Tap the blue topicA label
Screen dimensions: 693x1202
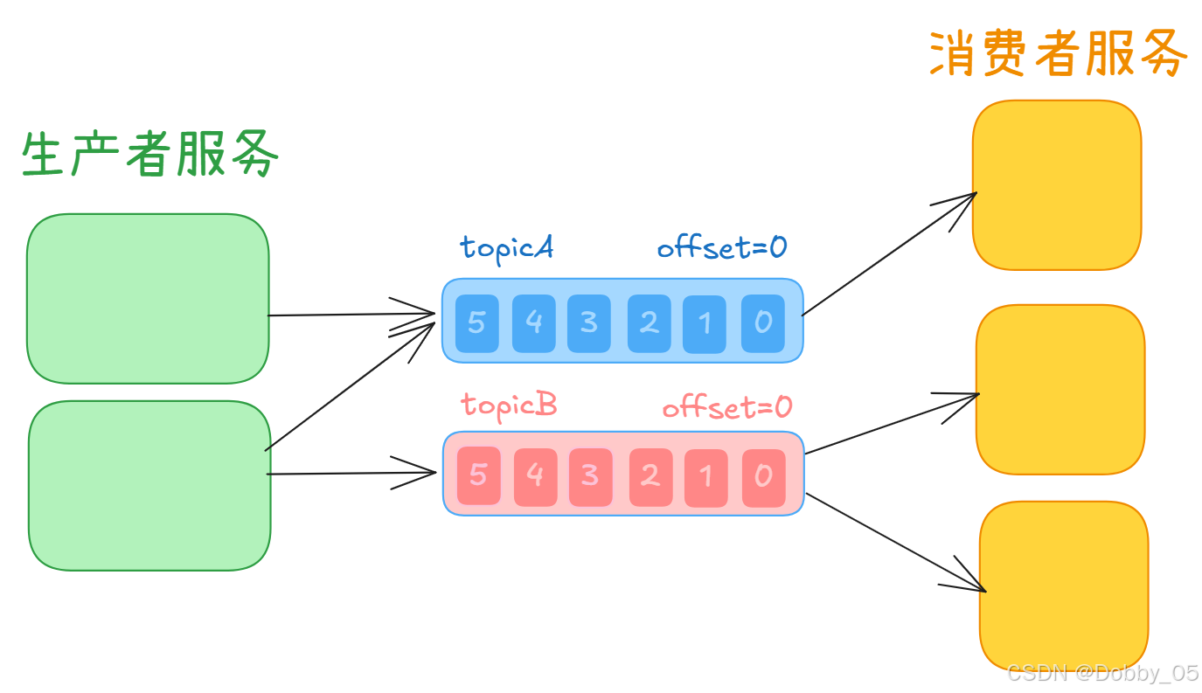pos(507,247)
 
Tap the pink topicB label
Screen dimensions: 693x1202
pos(509,405)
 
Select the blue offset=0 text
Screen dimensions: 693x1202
pos(722,247)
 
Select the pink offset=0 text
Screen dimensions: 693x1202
pos(726,407)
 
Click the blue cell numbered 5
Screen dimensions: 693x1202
pos(476,322)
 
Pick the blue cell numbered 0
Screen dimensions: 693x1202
pos(763,322)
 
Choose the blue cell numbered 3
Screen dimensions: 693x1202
pos(589,322)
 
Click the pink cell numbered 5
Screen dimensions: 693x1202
pos(478,475)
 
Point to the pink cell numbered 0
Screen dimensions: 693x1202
pos(763,476)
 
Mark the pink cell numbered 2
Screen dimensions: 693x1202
pos(650,476)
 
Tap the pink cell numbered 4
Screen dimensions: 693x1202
pos(535,476)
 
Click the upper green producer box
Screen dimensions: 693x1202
pos(148,298)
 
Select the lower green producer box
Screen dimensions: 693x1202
pos(149,485)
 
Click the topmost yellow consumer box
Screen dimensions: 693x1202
pos(1057,184)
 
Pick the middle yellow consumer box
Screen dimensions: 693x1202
pos(1060,389)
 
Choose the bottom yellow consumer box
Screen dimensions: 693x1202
pos(1063,585)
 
